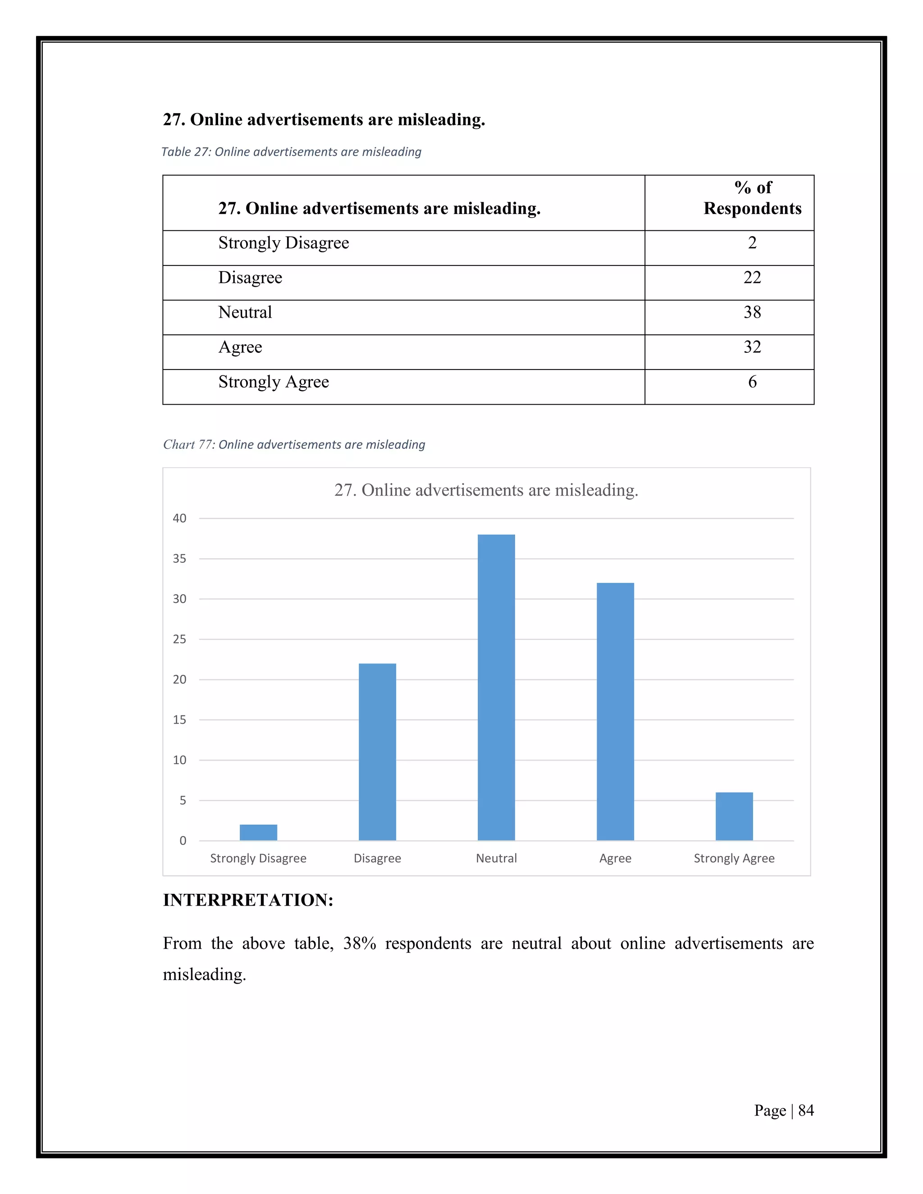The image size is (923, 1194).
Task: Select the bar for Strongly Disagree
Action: (x=258, y=832)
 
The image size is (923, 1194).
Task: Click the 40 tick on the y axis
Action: (x=179, y=518)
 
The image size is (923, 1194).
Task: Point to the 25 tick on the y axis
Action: (x=179, y=639)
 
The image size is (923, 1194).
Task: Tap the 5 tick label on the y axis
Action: (x=183, y=800)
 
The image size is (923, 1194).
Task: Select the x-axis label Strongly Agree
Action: (x=734, y=858)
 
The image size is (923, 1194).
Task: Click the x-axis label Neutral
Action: (x=496, y=858)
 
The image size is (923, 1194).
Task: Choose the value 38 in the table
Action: (x=752, y=312)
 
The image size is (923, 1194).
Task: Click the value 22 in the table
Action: (x=752, y=277)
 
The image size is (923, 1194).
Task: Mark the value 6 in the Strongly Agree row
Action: (x=752, y=382)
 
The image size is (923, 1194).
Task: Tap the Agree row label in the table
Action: (x=240, y=347)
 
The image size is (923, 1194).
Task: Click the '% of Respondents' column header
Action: (x=752, y=198)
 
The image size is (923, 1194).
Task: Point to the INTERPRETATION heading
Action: (x=248, y=900)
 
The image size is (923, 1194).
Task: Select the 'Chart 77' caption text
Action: (x=294, y=444)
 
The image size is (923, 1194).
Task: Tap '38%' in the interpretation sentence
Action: (x=359, y=943)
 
